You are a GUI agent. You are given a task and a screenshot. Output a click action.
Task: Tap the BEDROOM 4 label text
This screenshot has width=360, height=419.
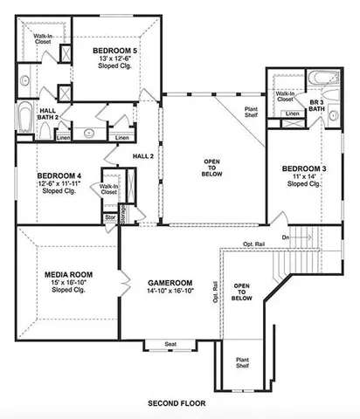tap(59, 173)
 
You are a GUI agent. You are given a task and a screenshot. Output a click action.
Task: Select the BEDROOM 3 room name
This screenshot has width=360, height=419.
tap(304, 168)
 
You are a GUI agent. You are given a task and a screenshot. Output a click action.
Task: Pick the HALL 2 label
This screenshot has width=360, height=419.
tap(143, 155)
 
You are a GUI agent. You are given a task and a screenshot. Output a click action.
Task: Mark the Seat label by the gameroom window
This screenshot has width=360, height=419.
tap(170, 345)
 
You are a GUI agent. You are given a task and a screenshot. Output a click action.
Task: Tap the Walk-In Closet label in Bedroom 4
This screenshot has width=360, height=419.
tap(109, 189)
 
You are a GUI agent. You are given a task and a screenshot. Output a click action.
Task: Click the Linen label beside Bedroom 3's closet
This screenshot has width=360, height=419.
tap(294, 113)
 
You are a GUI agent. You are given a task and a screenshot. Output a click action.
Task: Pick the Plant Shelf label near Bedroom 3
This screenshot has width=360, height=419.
tap(255, 111)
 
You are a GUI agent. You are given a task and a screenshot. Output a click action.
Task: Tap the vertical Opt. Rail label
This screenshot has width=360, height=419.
tap(215, 291)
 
